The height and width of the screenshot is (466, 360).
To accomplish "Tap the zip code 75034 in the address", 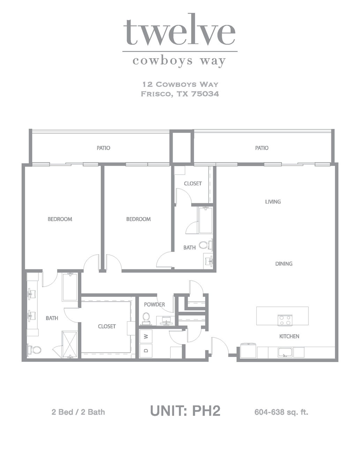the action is click(x=205, y=94).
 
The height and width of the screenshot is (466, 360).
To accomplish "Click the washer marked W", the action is click(x=146, y=336).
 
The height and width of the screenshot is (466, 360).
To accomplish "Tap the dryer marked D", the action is click(x=146, y=351).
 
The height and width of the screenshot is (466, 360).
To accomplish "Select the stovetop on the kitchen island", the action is click(x=285, y=321).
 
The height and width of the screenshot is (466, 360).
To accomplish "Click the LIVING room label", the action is click(x=273, y=202).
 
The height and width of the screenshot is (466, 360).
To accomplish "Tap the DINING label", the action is click(x=284, y=264).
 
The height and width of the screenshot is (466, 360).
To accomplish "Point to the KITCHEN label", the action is click(x=289, y=336).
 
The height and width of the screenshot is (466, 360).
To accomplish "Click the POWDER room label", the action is click(x=155, y=305).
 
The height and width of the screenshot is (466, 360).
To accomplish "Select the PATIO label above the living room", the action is click(x=262, y=148).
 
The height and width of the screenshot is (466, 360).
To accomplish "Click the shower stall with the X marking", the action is click(x=69, y=344).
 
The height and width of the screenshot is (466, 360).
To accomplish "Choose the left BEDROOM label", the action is click(x=60, y=219).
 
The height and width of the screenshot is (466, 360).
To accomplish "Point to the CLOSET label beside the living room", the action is click(x=193, y=183).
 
